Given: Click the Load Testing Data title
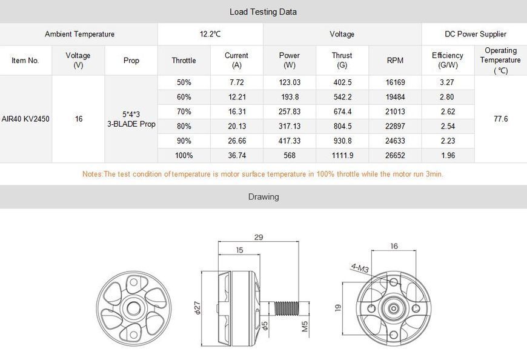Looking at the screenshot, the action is (263, 12).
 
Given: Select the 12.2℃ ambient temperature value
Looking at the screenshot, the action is (210, 34).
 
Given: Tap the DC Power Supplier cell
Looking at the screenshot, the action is (476, 34).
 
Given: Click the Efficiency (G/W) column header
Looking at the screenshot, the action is (448, 60).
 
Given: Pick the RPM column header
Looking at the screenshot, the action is (395, 61).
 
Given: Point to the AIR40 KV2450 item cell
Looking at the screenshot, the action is (25, 119).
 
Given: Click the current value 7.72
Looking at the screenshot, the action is (237, 82).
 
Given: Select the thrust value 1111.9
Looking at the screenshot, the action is (342, 155).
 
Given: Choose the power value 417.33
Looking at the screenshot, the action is (290, 141).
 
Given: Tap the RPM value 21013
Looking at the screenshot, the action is (395, 112).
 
